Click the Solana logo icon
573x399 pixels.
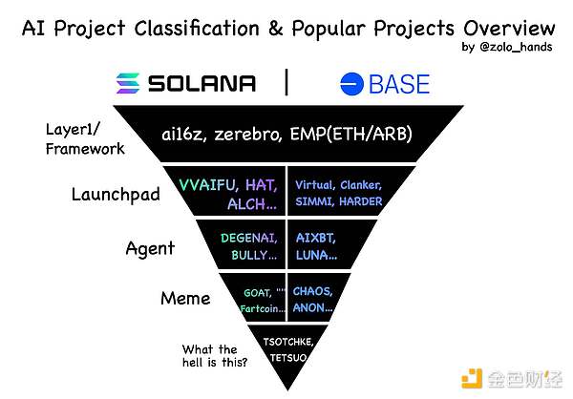128,83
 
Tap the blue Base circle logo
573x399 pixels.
351,84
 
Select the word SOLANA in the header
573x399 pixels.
202,83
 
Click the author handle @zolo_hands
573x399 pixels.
516,47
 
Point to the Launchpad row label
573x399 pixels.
116,195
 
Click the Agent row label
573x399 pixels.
150,249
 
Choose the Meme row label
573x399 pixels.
185,298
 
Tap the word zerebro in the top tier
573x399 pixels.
247,134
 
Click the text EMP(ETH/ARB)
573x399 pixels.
351,134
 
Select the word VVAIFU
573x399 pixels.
208,185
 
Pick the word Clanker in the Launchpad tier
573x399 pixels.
361,185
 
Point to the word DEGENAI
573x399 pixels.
249,239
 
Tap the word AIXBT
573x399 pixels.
316,239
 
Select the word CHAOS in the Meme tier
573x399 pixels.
312,291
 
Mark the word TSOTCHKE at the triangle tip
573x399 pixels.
288,342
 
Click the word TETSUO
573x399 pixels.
288,357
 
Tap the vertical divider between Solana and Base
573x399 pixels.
286,82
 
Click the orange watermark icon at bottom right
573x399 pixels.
472,379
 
